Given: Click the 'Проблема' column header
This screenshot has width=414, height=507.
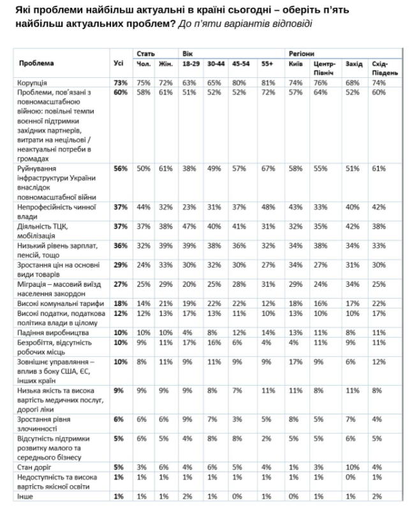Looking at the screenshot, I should [36, 63].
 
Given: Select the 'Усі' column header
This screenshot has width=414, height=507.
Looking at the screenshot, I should [118, 63].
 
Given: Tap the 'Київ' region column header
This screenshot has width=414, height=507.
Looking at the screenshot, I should [295, 63].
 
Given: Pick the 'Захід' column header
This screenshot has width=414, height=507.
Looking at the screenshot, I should [353, 63].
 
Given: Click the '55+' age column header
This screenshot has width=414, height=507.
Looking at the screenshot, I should [267, 63].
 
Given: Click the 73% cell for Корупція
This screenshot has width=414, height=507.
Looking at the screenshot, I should [120, 83].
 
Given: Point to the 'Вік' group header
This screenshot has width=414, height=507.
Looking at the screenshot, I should [188, 53].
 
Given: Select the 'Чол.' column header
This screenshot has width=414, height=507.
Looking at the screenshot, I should [143, 63].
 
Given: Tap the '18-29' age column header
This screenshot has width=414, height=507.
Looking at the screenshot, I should [191, 63].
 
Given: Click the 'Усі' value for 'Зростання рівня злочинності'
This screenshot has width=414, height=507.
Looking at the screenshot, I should [120, 420].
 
